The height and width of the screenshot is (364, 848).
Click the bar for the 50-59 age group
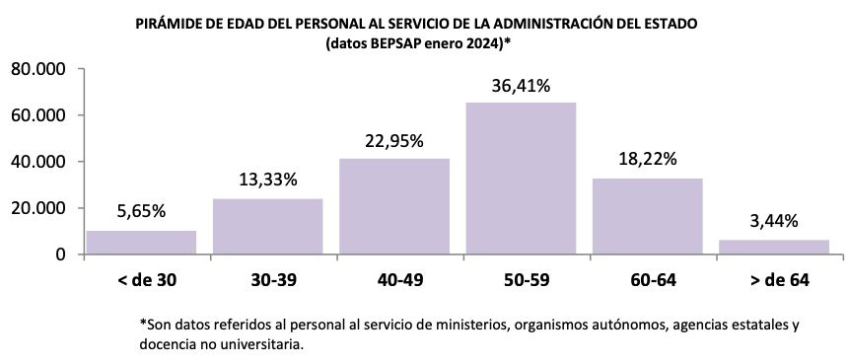pos(521,179)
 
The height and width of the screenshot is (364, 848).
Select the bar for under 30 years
pos(141,243)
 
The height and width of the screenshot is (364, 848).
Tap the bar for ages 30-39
pos(268,227)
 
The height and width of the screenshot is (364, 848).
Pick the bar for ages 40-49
pos(394,206)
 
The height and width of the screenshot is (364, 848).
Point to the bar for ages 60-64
pos(647,216)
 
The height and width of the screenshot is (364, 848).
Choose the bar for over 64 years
pos(773,247)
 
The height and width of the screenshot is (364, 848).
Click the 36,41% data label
pos(521,86)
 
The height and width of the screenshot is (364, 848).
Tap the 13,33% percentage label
pos(268,180)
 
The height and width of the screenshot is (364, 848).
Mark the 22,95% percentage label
pos(394,140)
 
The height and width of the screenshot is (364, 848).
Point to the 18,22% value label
pos(647,159)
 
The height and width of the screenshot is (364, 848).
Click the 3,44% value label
pos(773,220)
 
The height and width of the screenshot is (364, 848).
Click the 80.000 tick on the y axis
pos(36,69)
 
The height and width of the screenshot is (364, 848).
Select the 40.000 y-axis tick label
pos(36,162)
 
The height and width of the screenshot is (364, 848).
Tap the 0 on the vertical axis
pos(59,255)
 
